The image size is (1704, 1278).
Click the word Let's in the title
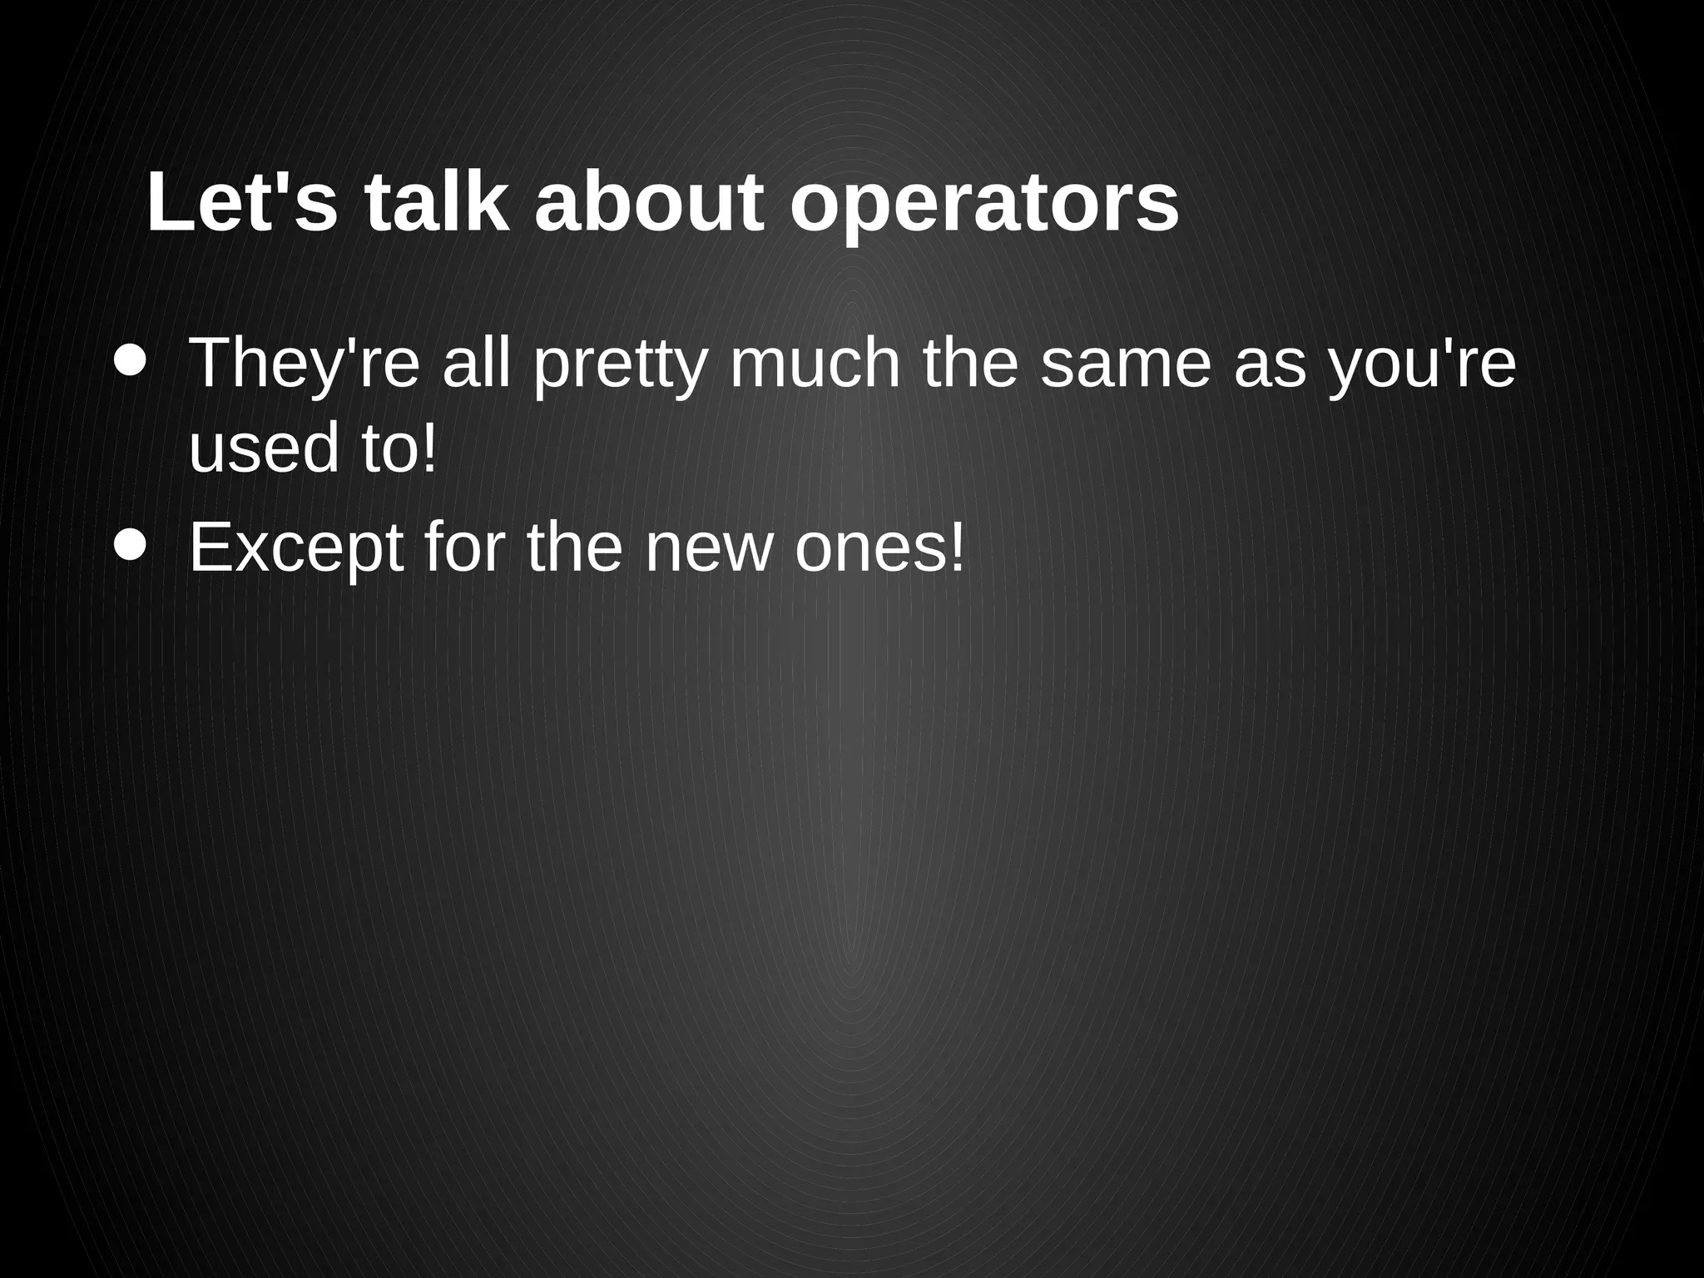(242, 204)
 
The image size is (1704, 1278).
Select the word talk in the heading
(436, 204)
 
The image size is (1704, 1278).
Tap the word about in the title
(649, 204)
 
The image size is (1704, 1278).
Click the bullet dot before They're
(131, 361)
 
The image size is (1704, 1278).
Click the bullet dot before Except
(131, 546)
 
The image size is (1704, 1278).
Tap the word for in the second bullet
(465, 547)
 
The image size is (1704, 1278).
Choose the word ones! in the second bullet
(880, 547)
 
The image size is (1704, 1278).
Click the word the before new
(575, 547)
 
